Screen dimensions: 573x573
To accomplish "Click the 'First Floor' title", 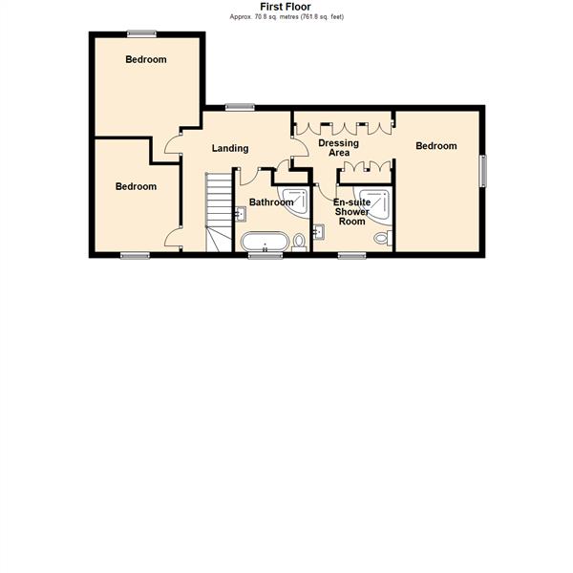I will [285, 6].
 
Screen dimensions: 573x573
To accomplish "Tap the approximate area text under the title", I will [285, 16].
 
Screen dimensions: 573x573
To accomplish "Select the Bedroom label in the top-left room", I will [146, 59].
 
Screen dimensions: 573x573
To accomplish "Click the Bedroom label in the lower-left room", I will [136, 186].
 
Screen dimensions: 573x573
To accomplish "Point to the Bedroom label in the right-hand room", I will [436, 146].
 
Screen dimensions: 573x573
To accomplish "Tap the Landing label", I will [230, 148].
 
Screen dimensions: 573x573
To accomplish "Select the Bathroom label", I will [270, 202].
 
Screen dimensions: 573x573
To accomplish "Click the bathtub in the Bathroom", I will [265, 241].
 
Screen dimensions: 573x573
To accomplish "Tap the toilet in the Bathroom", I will [299, 241].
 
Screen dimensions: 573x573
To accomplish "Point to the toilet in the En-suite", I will [382, 238].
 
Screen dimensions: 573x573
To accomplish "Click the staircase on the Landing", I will [219, 211].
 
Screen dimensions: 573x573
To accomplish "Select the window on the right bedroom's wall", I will [483, 172].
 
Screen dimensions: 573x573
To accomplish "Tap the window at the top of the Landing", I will [239, 107].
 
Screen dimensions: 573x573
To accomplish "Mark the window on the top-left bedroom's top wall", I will [142, 33].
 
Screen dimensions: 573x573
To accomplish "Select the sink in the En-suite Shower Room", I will [318, 230].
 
